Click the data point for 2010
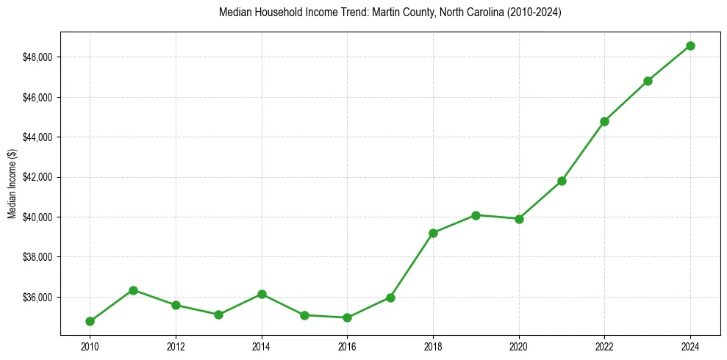coord(90,321)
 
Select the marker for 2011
coord(133,290)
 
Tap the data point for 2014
coord(262,294)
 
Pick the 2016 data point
coord(348,317)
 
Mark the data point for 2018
coord(433,233)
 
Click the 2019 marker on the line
coord(476,215)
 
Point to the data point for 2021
coord(562,181)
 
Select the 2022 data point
coord(604,121)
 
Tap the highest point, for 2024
coord(690,46)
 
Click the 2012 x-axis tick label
coord(176,345)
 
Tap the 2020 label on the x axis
coord(519,345)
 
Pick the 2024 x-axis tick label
coord(690,345)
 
